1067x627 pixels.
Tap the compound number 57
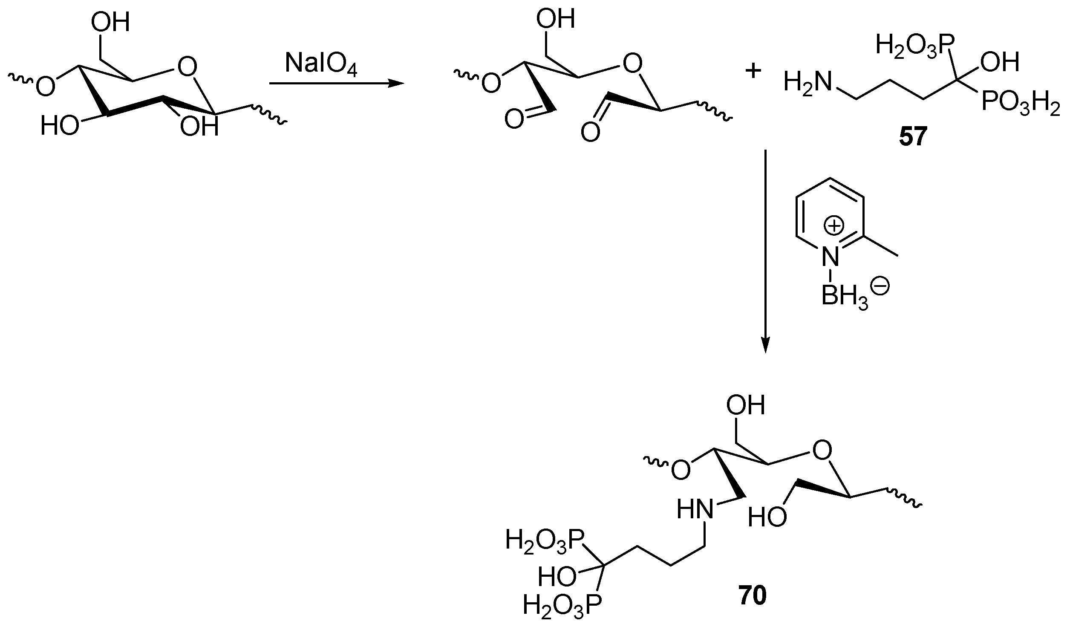pos(913,137)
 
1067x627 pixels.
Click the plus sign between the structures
pos(753,72)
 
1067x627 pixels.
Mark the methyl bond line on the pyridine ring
pos(881,246)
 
